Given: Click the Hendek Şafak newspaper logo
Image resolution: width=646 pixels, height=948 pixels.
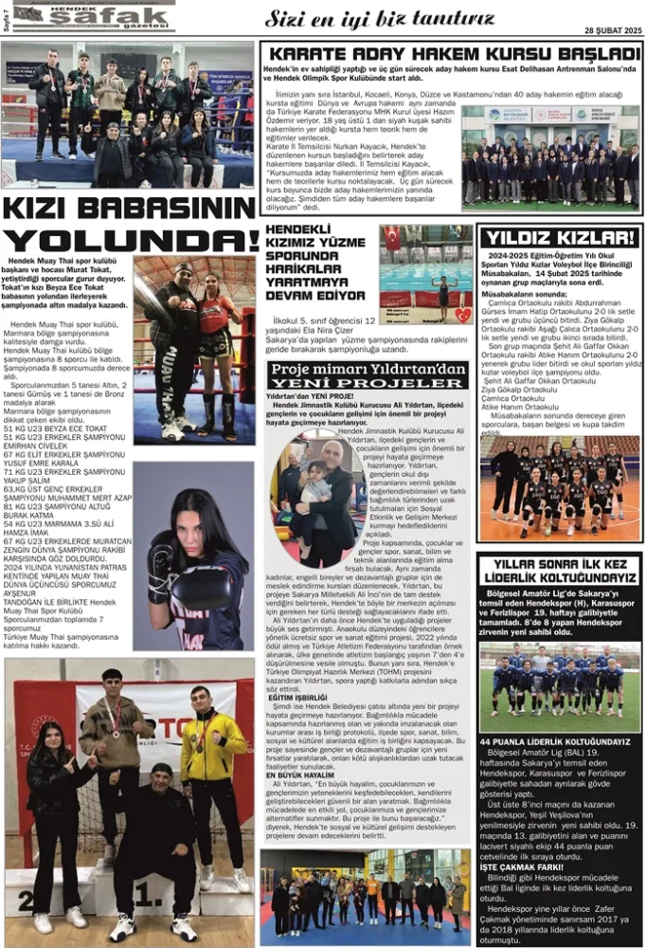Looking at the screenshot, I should [x=90, y=16].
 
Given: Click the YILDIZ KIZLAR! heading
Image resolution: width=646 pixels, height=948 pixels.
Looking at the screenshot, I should [x=559, y=238].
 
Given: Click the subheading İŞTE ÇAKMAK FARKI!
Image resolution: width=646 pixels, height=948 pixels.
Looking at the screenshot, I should [x=516, y=865].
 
